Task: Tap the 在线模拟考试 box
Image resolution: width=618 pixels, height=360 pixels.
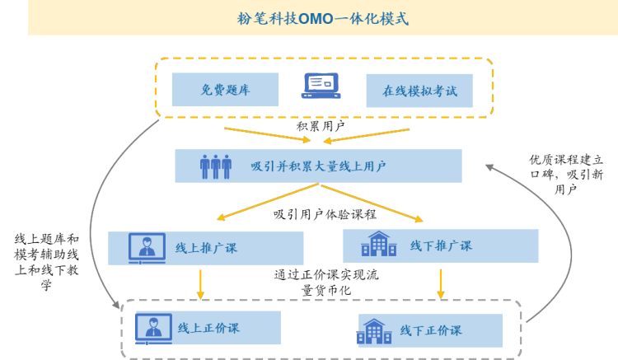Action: coord(419,91)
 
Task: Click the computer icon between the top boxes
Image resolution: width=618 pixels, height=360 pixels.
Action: coord(322,86)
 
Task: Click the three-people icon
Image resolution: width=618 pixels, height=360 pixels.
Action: coord(216,166)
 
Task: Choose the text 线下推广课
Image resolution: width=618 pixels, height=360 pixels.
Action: coord(441,245)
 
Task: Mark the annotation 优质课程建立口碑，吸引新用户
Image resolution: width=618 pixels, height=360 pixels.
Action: coord(567,174)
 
